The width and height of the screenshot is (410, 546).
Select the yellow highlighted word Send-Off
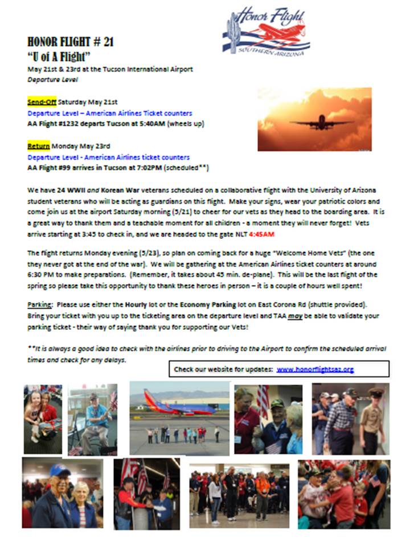42,102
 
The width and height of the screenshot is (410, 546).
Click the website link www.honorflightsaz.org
315,369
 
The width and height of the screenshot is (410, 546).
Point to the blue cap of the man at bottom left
59,470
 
